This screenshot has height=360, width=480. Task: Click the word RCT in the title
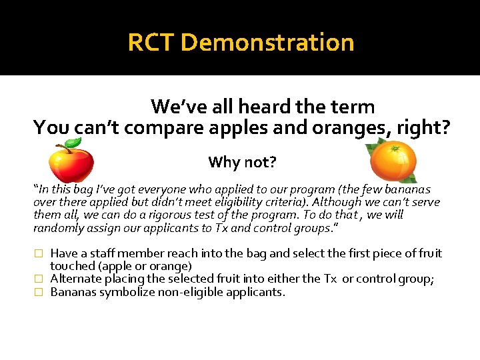point(151,43)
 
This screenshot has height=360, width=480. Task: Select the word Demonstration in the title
point(267,43)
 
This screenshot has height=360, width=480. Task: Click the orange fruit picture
point(393,161)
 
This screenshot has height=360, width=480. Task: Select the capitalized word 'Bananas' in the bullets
point(73,291)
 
